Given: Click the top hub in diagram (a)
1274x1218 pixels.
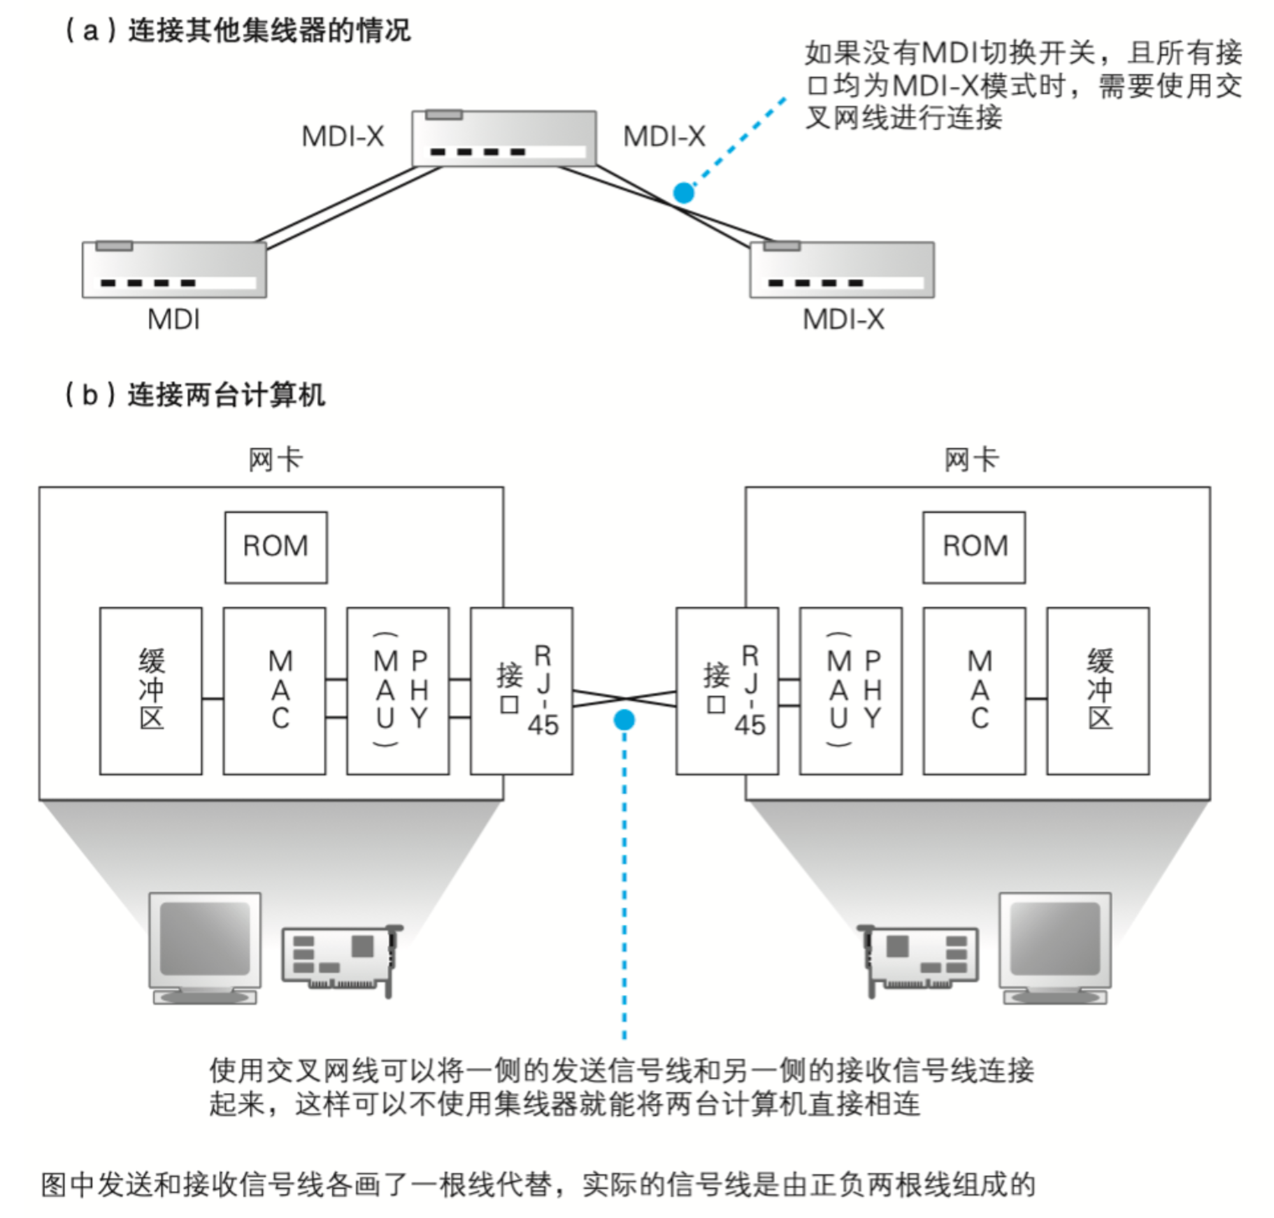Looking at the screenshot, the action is pos(505,138).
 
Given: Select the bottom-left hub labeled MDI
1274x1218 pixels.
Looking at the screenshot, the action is pos(175,270).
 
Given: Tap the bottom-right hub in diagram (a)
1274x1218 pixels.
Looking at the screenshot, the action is pos(842,270).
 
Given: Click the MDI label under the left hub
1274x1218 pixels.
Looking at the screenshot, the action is pos(173,319).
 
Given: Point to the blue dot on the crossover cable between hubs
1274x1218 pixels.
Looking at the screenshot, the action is pos(684,193).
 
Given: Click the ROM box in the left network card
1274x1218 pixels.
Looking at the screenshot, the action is pos(276,547).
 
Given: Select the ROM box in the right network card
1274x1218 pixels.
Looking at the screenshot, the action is pos(974,547).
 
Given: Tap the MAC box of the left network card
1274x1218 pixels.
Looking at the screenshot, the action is pos(275,691).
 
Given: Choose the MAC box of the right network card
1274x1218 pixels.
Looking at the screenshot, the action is pos(974,691).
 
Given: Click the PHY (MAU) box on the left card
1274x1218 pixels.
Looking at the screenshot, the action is pos(398,691).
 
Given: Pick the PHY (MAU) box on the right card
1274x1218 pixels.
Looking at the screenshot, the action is pos(851,691).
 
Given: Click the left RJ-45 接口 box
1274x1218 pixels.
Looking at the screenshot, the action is pos(521,691).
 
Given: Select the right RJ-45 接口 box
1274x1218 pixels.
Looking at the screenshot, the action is pos(727,691).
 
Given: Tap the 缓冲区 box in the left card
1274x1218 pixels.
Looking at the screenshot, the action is pos(150,691).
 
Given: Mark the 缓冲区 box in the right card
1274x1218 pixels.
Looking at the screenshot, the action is pos(1098,691).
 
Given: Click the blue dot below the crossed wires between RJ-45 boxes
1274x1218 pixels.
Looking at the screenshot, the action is pos(624,720).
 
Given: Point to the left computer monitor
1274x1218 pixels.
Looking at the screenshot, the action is pos(205,948).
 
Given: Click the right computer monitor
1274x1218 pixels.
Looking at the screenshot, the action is pos(1056,948).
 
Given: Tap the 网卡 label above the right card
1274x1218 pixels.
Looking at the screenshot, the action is pos(971,460).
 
